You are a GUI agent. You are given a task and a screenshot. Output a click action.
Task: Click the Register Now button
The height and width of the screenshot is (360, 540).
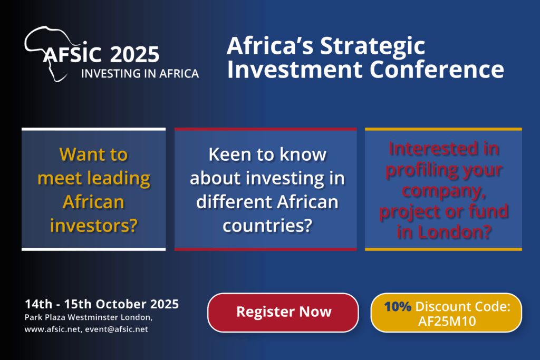(283, 313)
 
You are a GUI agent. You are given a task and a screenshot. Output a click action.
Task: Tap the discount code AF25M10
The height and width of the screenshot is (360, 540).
(447, 321)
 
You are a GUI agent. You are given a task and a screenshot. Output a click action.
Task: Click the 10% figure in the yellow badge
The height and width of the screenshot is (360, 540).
(398, 306)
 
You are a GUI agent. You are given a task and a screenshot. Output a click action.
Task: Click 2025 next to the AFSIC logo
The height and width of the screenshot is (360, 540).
(134, 54)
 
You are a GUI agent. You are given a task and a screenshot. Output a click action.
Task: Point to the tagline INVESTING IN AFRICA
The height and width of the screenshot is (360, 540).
(140, 74)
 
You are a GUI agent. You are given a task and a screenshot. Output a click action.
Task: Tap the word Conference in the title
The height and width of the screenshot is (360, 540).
(437, 70)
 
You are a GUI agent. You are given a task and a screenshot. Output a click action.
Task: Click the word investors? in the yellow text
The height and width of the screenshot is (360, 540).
(94, 226)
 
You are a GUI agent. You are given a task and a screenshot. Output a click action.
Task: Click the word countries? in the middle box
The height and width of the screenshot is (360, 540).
(267, 226)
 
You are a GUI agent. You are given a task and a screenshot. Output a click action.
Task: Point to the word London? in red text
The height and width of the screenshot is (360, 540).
(455, 231)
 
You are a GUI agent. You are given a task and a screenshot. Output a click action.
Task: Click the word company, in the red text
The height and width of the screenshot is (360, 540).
(443, 191)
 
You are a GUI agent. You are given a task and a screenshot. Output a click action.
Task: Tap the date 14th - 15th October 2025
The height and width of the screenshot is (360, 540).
(102, 304)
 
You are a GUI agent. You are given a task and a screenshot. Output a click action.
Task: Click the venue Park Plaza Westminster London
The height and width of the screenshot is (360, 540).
(88, 317)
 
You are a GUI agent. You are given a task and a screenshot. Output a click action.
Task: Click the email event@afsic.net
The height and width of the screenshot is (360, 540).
(117, 329)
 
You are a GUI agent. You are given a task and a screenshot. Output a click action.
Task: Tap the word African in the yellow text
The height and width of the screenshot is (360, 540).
(93, 202)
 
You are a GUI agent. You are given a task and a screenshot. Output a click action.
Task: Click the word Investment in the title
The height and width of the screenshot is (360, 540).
(295, 70)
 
